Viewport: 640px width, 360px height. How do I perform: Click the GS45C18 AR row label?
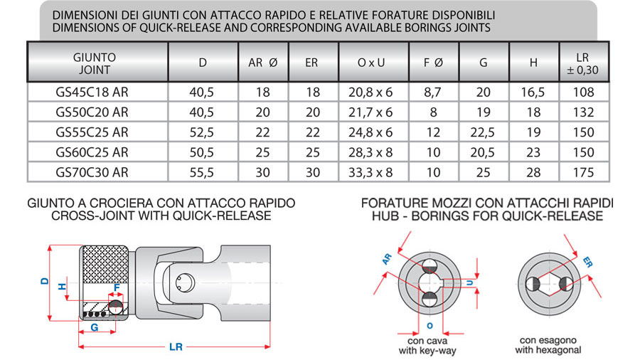(x=92, y=92)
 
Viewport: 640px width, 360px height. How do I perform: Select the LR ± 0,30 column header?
(x=583, y=63)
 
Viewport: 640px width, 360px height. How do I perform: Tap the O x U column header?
(x=371, y=63)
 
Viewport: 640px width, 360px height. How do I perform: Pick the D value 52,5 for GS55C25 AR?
(x=202, y=132)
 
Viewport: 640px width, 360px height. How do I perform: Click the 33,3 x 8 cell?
(x=370, y=172)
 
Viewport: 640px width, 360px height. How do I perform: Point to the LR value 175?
(x=583, y=172)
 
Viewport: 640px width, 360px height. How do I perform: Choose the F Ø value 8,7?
(x=432, y=92)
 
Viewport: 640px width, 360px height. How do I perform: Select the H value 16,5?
(x=533, y=92)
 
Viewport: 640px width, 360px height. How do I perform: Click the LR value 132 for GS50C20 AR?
(x=583, y=112)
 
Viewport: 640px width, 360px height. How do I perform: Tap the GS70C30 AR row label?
(x=92, y=172)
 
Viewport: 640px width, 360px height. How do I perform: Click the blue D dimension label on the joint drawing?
(x=45, y=281)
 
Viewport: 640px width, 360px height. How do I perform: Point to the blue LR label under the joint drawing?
(x=176, y=347)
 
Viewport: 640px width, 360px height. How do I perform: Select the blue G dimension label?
(x=95, y=327)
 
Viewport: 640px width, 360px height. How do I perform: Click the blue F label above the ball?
(x=117, y=287)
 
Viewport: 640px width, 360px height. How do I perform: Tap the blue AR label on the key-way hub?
(x=387, y=259)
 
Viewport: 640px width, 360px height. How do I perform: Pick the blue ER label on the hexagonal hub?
(x=587, y=262)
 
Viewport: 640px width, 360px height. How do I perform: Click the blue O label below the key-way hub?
(x=430, y=326)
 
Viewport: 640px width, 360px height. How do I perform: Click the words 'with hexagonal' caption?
(x=548, y=350)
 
